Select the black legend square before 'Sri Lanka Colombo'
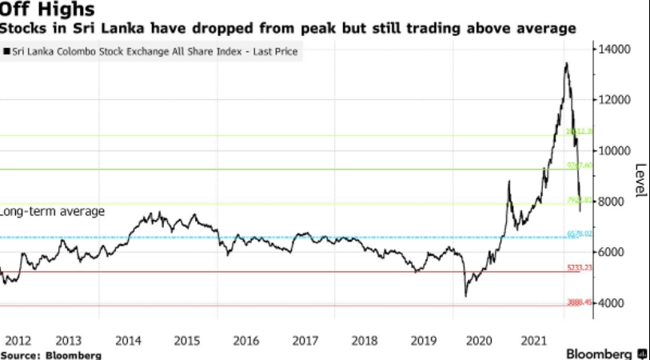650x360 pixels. tap(6, 51)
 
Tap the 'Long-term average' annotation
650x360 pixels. tap(53, 211)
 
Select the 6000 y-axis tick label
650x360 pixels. tap(612, 253)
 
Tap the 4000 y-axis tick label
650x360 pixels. tap(612, 303)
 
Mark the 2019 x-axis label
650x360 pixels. tap(423, 340)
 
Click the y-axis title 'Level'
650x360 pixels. tap(640, 182)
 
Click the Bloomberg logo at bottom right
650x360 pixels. tap(606, 353)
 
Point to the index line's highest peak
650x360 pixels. tap(567, 63)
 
